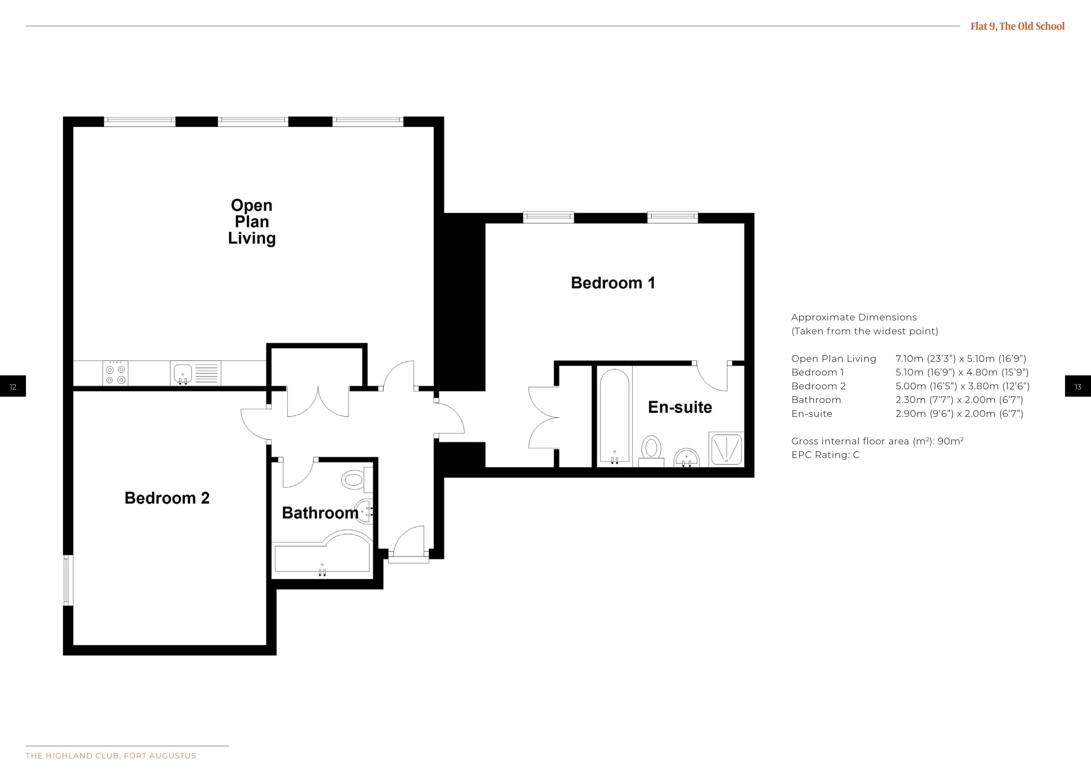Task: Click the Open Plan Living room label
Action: click(x=252, y=222)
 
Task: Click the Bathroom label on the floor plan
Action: click(x=320, y=513)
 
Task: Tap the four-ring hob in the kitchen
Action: click(x=115, y=373)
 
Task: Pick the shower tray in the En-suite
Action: click(x=726, y=449)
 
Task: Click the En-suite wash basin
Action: click(x=687, y=457)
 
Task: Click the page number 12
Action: click(x=13, y=387)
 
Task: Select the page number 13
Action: click(x=1078, y=387)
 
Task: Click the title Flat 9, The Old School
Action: click(x=1017, y=26)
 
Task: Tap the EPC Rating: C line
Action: click(x=825, y=455)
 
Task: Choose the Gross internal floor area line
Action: click(x=877, y=441)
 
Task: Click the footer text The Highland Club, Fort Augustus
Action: click(x=111, y=756)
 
